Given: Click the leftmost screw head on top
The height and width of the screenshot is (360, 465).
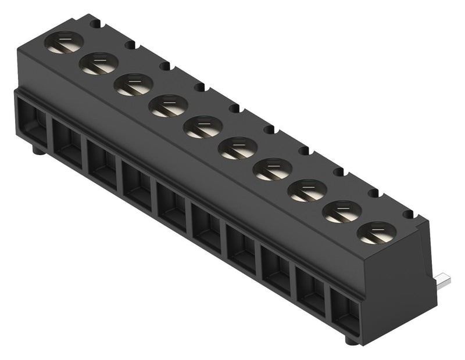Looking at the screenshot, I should click(x=64, y=42).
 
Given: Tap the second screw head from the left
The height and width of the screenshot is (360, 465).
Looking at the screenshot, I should click(x=99, y=63).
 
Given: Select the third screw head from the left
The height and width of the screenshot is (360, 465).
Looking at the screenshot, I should click(x=134, y=85).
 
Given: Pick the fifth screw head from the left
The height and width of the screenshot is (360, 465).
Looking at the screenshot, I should click(x=203, y=127).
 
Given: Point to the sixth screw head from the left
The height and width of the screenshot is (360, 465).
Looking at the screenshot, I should click(x=238, y=148).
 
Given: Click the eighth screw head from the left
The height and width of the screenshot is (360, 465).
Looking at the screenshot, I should click(x=307, y=190).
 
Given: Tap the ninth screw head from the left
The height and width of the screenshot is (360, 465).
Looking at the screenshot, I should click(x=342, y=211).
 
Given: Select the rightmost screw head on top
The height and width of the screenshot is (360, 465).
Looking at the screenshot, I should click(x=377, y=233).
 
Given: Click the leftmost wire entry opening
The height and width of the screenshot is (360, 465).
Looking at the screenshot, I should click(x=34, y=120).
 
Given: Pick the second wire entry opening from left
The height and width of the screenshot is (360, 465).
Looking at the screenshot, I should click(x=68, y=142).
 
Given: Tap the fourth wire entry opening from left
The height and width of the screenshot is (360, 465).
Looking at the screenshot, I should click(x=137, y=184).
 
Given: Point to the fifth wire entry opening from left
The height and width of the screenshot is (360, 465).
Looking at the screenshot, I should click(x=172, y=205).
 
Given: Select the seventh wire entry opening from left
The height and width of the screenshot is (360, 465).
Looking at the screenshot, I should click(x=241, y=248).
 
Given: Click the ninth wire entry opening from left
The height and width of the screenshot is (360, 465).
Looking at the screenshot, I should click(x=311, y=290).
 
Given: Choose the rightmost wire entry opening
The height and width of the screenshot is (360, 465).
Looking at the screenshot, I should click(x=345, y=311).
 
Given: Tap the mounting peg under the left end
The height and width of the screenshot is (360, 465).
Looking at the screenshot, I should click(x=37, y=152).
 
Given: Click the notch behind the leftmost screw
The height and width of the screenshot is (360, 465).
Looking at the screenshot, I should click(x=95, y=24).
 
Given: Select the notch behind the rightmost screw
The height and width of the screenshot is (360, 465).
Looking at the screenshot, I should click(x=408, y=214).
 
